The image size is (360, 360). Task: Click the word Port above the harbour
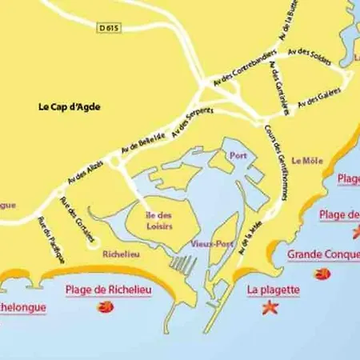pos(238,155)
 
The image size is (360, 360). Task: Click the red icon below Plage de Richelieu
pos(104,307)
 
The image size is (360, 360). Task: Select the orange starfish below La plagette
pos(269,306)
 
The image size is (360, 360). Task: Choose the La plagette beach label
pos(274,290)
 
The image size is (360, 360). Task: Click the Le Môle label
pos(307,161)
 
